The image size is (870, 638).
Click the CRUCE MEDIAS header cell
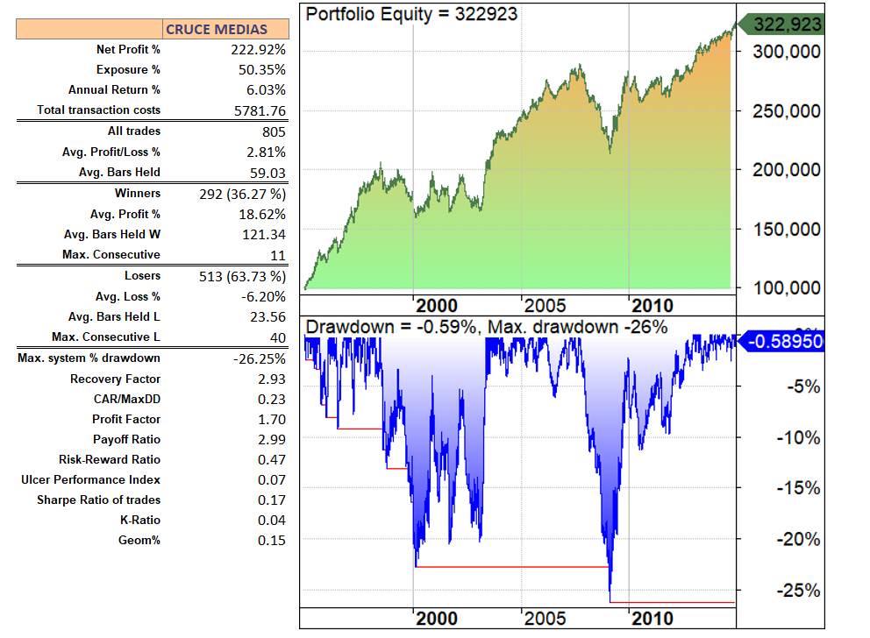(x=226, y=29)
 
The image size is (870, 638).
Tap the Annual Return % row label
(x=114, y=90)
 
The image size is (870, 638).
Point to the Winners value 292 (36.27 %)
(x=243, y=194)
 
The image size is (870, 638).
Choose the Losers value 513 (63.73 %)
(x=243, y=276)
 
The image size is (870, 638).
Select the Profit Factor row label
(x=126, y=420)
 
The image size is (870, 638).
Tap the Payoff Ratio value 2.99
(x=272, y=440)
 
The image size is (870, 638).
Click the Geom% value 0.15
(x=272, y=541)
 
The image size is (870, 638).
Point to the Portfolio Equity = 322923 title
(x=411, y=14)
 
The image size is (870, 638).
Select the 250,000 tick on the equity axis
(x=787, y=111)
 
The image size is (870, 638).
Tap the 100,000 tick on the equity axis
(x=787, y=288)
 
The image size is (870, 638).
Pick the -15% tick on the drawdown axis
(x=799, y=488)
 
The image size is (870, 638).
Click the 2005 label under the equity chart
(x=544, y=305)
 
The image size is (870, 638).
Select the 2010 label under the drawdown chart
(x=652, y=619)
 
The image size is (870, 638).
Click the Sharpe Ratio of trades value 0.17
(x=272, y=500)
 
